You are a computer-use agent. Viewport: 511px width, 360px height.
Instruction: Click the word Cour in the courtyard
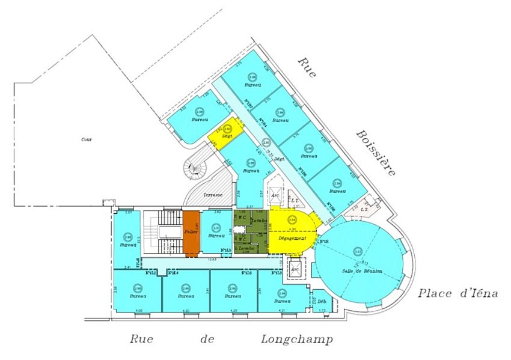click(87, 139)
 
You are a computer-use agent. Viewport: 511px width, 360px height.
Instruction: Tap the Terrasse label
click(213, 195)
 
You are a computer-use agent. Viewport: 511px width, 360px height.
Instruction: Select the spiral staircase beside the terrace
click(195, 168)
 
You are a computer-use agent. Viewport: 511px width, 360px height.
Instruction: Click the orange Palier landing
click(191, 232)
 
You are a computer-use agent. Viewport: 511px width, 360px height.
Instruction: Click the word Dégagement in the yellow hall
click(292, 237)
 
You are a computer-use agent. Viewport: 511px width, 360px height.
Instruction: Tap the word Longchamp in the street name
click(296, 339)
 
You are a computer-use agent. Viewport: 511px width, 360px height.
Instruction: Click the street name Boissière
click(376, 152)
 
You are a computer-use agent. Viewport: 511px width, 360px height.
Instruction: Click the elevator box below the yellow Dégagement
click(295, 269)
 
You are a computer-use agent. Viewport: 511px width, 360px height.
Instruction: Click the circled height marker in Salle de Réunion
click(358, 251)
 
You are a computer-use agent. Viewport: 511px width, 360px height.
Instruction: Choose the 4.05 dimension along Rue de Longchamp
click(139, 311)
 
